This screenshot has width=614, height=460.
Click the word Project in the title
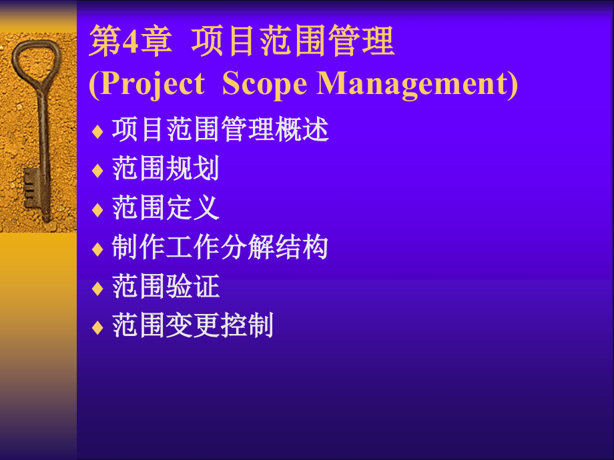coord(146,85)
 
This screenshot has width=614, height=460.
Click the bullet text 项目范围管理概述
coord(220,131)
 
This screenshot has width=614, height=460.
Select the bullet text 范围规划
coord(166,169)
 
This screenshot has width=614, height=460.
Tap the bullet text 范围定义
coord(166,209)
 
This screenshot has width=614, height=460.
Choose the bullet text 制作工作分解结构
coord(220,248)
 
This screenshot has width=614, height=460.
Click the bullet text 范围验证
coord(166,287)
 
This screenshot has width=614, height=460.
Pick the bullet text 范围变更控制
coord(193,327)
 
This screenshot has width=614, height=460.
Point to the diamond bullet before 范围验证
coord(97,289)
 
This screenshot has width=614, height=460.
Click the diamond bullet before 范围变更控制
coord(97,329)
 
